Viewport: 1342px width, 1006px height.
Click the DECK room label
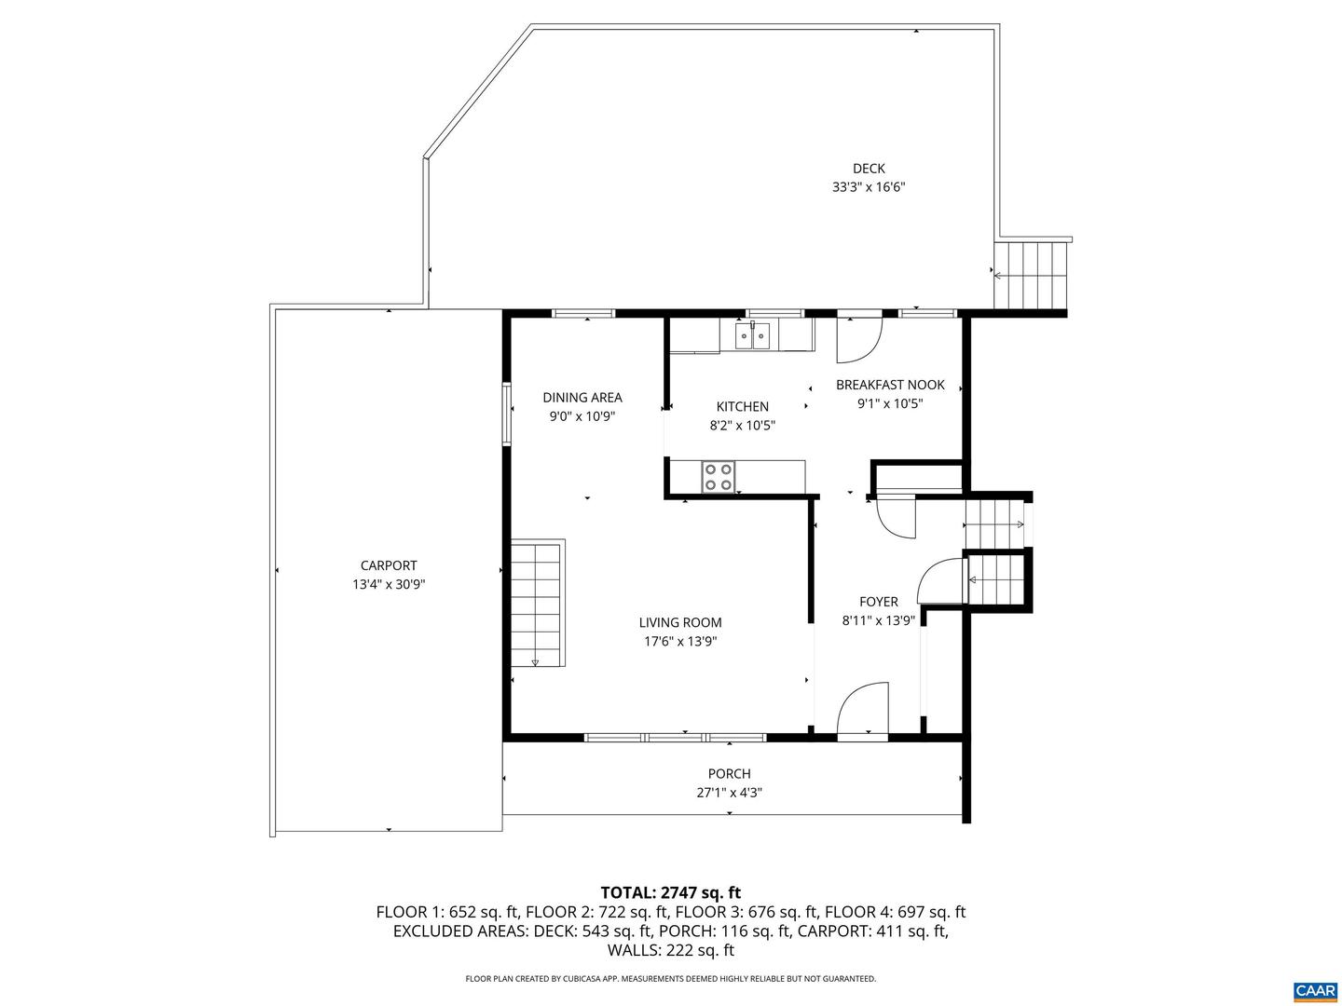coord(869,168)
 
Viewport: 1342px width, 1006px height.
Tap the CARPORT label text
coord(389,565)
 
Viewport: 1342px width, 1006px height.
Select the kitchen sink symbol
coord(752,336)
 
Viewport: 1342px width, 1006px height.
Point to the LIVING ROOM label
coord(680,622)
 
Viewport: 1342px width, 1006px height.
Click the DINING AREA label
coord(582,397)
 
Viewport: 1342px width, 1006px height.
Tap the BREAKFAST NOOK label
coord(890,384)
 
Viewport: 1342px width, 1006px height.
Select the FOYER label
coord(878,601)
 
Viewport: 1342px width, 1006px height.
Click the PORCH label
coord(729,773)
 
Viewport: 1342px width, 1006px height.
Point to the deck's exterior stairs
coord(1030,275)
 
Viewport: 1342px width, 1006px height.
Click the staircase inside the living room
coord(536,603)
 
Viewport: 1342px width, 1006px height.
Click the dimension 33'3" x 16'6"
coord(869,187)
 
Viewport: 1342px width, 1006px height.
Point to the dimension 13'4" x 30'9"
coord(389,584)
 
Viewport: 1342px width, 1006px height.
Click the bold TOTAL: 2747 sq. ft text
coord(671,892)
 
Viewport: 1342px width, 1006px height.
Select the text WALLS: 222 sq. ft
coord(671,950)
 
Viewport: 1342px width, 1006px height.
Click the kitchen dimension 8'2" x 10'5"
coord(742,425)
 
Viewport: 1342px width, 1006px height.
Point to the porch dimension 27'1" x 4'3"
coord(729,792)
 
